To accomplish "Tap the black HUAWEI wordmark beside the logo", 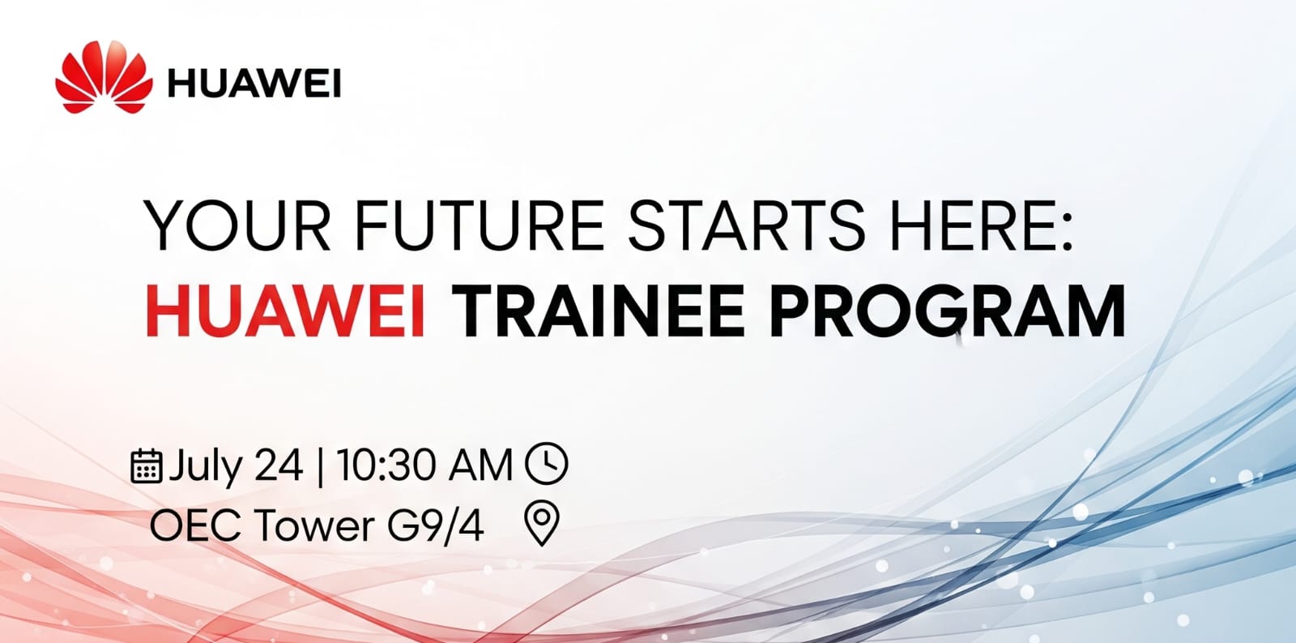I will pos(254,84).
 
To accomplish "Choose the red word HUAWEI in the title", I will pos(286,311).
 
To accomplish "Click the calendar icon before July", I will pos(146,465).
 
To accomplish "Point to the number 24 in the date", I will pos(279,466).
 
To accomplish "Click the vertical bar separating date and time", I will pos(321,466).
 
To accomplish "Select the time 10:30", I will pos(381,466).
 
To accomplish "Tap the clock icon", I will pos(547,464).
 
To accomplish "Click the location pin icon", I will pos(542,522).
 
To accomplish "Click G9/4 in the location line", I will pos(436,525).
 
